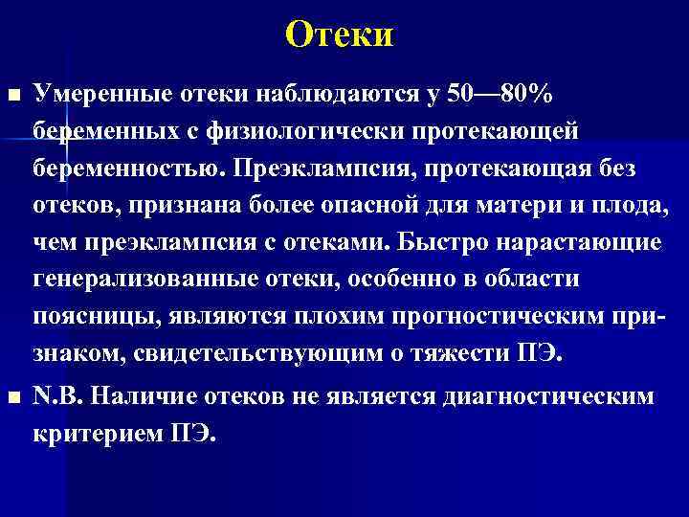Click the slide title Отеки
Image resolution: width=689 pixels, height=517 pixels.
[x=340, y=35]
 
